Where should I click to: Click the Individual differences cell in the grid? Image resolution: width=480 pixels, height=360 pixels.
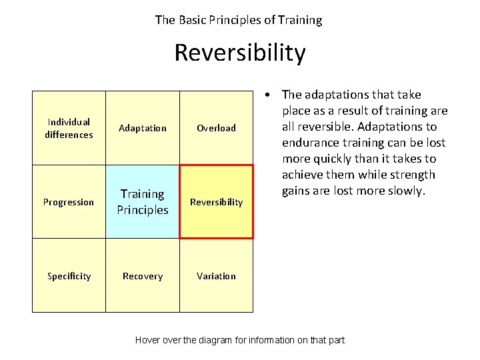(x=69, y=128)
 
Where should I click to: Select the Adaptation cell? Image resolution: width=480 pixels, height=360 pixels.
(x=143, y=128)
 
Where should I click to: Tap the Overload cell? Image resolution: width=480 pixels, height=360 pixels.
(x=216, y=128)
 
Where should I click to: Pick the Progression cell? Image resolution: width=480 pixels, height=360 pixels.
(x=69, y=202)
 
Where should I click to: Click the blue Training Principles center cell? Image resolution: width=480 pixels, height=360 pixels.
(x=143, y=201)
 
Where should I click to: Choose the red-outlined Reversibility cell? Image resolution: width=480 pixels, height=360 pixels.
(x=217, y=202)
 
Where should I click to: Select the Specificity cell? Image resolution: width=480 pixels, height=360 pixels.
(x=69, y=276)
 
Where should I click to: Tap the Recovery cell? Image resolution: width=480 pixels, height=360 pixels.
(x=143, y=276)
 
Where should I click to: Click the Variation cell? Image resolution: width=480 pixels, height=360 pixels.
(x=216, y=276)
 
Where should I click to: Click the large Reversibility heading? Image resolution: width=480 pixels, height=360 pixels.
(x=240, y=53)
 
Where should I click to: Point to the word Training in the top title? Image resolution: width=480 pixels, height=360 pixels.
(x=300, y=20)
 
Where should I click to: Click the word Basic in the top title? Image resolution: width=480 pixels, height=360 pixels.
(x=194, y=20)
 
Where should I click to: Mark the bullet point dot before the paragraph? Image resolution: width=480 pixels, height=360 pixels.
(x=266, y=95)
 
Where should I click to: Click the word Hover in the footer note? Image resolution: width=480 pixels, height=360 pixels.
(x=149, y=340)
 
